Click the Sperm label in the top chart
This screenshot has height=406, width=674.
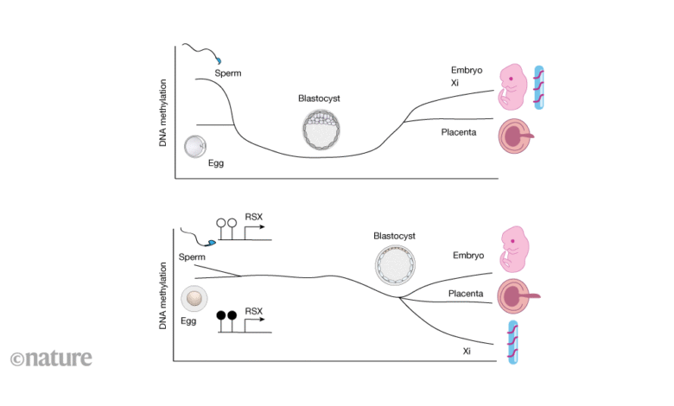click(228, 73)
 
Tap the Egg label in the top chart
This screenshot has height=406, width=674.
click(216, 163)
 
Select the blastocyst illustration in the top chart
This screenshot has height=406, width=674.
click(321, 130)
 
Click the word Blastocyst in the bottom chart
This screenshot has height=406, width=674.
click(394, 236)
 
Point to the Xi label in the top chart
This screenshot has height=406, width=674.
click(455, 82)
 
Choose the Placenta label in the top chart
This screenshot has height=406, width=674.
click(459, 132)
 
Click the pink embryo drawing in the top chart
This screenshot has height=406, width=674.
click(512, 87)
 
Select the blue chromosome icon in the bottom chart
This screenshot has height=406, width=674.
click(512, 342)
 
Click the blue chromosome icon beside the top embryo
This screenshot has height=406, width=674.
click(538, 87)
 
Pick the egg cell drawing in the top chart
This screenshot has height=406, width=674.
click(195, 147)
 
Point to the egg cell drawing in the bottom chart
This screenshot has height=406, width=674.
click(194, 298)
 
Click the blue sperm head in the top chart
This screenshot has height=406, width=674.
click(219, 60)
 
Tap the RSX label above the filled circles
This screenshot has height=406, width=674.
click(253, 311)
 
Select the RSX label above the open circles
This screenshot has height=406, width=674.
click(253, 217)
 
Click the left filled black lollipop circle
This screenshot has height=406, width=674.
click(221, 315)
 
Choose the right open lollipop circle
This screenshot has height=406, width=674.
click(232, 223)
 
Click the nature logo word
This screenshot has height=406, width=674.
click(59, 358)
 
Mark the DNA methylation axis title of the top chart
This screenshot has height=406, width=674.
click(162, 112)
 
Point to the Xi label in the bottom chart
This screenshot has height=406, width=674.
click(467, 351)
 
